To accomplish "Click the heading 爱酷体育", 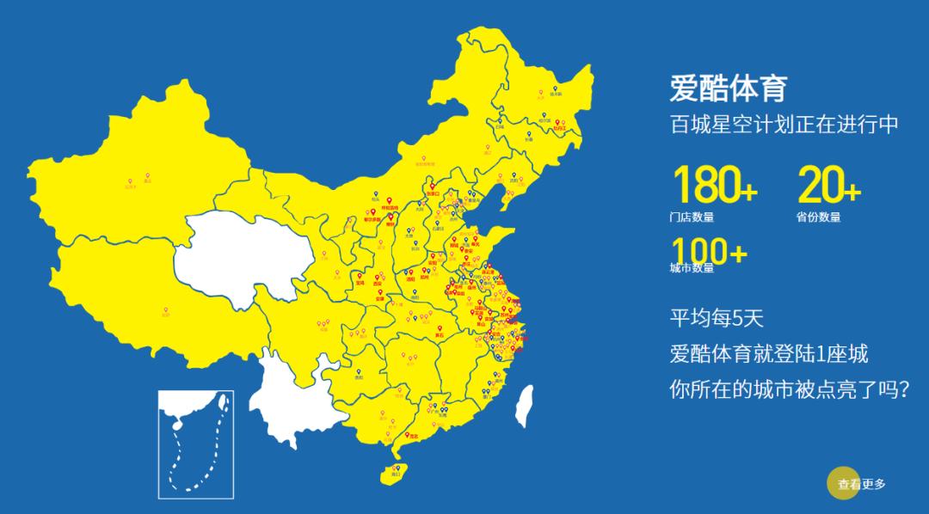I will pyautogui.click(x=728, y=89).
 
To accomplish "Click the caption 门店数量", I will pyautogui.click(x=692, y=217).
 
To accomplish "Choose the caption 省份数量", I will pyautogui.click(x=818, y=217).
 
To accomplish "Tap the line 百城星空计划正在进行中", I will pyautogui.click(x=784, y=124).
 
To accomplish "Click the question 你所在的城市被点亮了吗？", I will pyautogui.click(x=790, y=389).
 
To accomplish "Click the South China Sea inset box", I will pyautogui.click(x=196, y=444).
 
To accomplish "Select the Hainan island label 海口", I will pyautogui.click(x=397, y=471).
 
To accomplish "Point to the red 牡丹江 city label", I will pyautogui.click(x=561, y=126).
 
